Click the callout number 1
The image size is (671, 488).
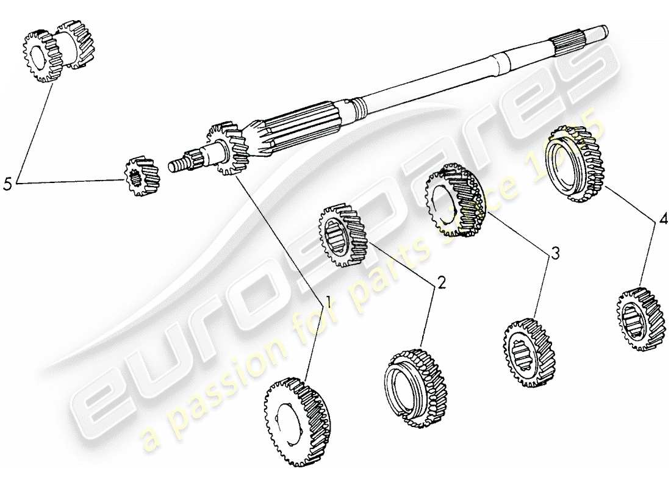pyautogui.click(x=328, y=301)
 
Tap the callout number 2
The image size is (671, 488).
pyautogui.click(x=440, y=282)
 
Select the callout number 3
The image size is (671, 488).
pyautogui.click(x=554, y=253)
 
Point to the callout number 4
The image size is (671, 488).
pyautogui.click(x=663, y=217)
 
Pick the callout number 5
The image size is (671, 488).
pyautogui.click(x=8, y=183)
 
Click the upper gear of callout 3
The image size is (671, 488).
pyautogui.click(x=453, y=200)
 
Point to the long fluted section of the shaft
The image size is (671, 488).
pyautogui.click(x=299, y=127)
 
